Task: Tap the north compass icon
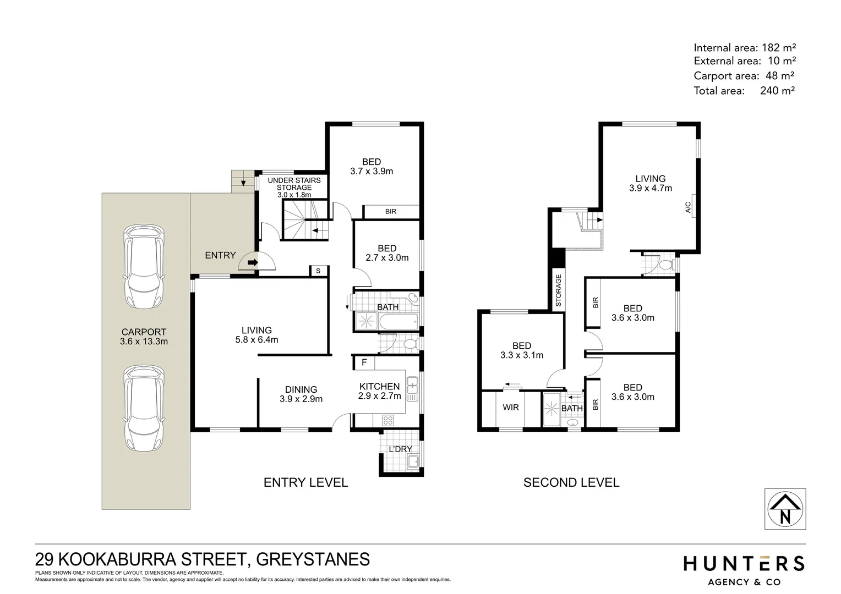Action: pyautogui.click(x=785, y=509)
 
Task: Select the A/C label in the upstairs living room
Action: pyautogui.click(x=688, y=207)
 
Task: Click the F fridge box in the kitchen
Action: pyautogui.click(x=363, y=363)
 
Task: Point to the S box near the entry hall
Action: pyautogui.click(x=318, y=271)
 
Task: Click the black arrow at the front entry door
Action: pyautogui.click(x=253, y=262)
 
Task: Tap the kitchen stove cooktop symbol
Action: pyautogui.click(x=387, y=420)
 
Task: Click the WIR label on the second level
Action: pyautogui.click(x=511, y=408)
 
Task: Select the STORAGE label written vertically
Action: pyautogui.click(x=558, y=290)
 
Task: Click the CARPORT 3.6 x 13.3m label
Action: pyautogui.click(x=144, y=337)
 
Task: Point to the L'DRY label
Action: pyautogui.click(x=400, y=449)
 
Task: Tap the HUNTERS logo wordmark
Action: pyautogui.click(x=744, y=564)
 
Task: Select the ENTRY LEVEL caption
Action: pyautogui.click(x=305, y=482)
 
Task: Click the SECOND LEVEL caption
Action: pyautogui.click(x=571, y=482)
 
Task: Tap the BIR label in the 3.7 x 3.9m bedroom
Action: pyautogui.click(x=391, y=212)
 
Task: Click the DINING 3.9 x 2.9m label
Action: pyautogui.click(x=301, y=394)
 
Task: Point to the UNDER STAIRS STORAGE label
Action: pyautogui.click(x=294, y=187)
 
